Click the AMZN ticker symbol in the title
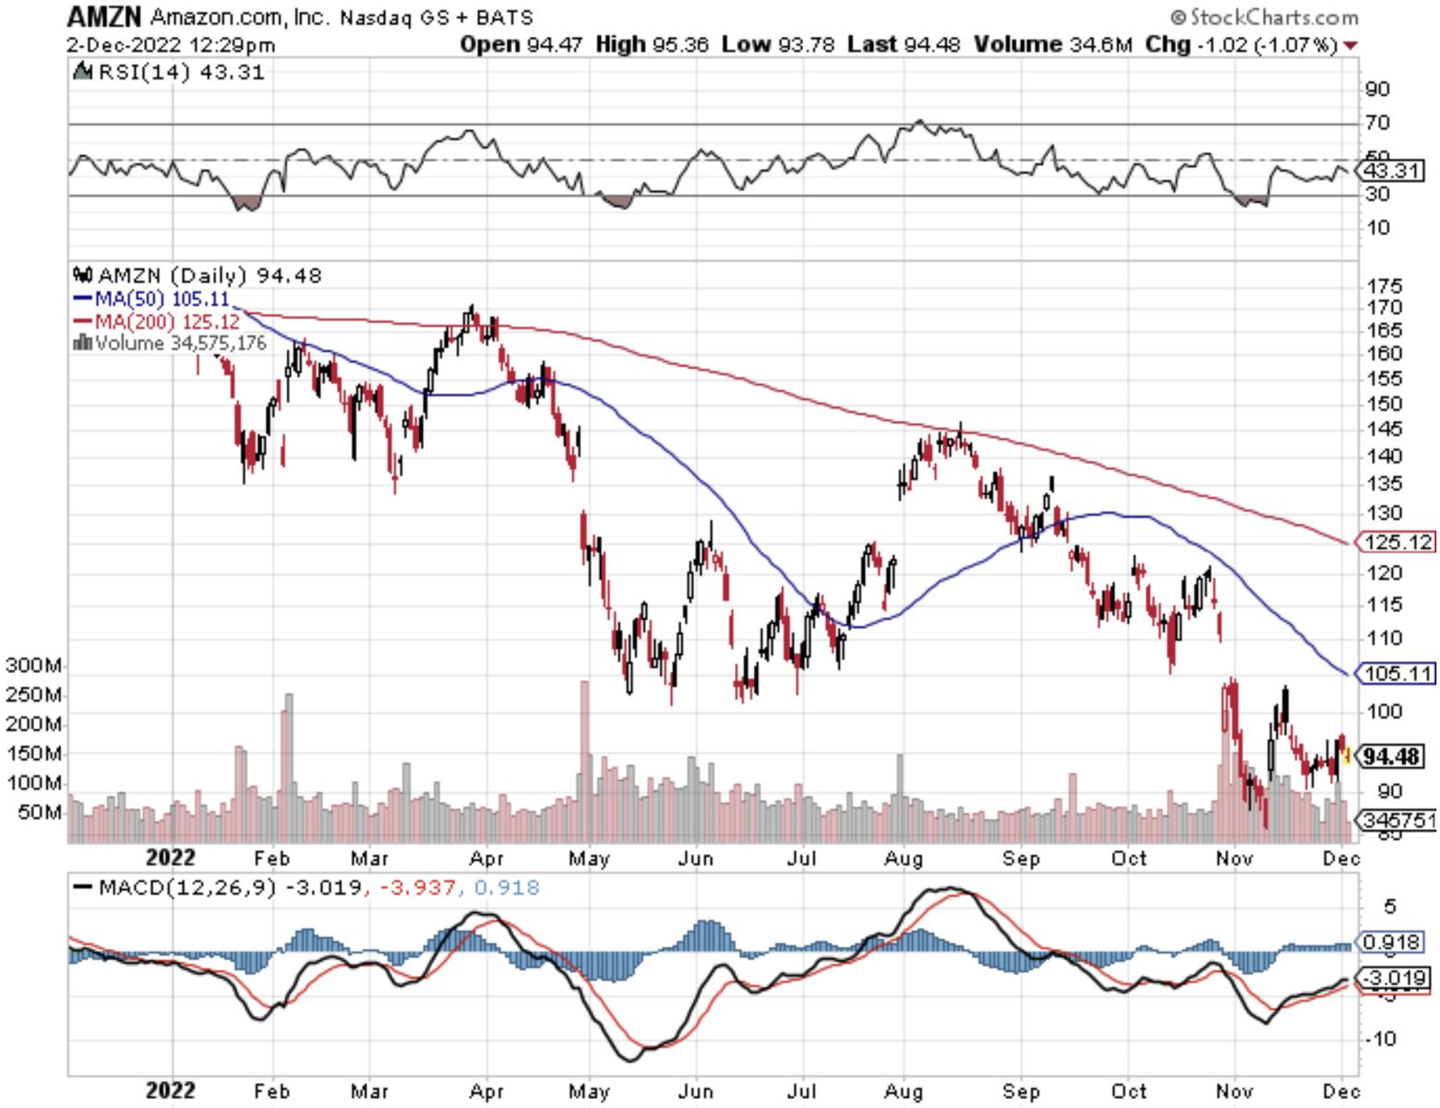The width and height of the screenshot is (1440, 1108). point(103,17)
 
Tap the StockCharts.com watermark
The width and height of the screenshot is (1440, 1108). point(1264,17)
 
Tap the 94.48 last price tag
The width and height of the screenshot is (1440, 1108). point(1391,757)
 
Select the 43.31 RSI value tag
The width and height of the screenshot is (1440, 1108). point(1391,171)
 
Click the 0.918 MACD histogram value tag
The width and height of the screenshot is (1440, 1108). point(1391,943)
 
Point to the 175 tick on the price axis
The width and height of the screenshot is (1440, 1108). point(1385,286)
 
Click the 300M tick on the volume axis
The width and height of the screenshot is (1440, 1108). point(34,666)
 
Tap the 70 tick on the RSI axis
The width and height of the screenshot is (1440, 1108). point(1377,123)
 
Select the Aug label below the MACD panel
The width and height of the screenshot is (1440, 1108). point(903,1091)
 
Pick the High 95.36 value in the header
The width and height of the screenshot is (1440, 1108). point(652,44)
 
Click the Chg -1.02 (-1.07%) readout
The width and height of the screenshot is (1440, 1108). point(1242,44)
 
